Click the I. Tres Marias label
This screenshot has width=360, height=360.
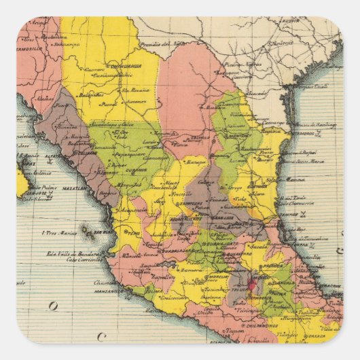pos(57,232)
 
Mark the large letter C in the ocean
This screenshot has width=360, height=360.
pos(101,336)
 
